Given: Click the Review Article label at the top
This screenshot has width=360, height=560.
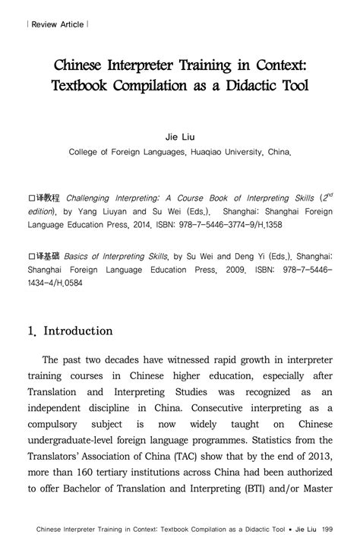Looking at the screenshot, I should coord(57,24).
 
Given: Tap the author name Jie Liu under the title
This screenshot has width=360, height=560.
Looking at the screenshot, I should coord(180,138).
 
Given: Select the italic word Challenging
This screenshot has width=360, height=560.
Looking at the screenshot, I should coord(90,195).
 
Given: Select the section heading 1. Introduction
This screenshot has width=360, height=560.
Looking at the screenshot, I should coord(69,331).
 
